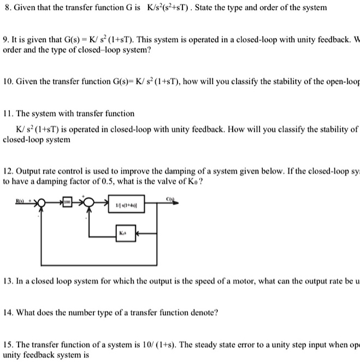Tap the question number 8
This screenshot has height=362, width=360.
click(7, 8)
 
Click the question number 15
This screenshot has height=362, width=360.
click(8, 344)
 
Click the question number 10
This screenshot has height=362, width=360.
click(8, 81)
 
